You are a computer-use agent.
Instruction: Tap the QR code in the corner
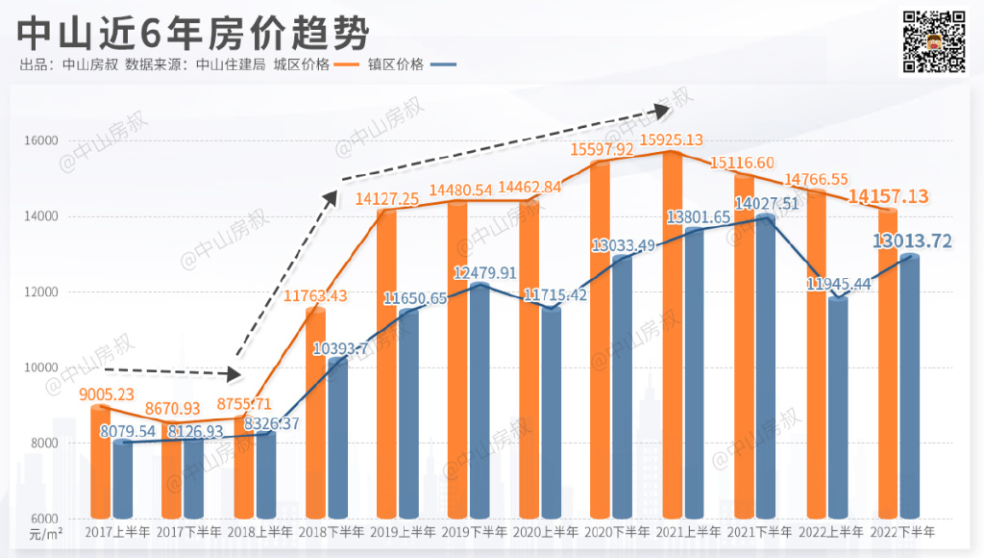click(933, 41)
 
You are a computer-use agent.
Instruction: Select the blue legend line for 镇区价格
click(443, 65)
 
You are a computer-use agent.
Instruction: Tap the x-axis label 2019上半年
click(402, 531)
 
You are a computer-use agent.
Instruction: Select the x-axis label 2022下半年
click(901, 531)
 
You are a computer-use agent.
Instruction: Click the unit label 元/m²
click(45, 532)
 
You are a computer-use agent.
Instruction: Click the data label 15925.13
click(665, 140)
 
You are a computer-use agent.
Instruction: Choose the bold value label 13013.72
click(912, 241)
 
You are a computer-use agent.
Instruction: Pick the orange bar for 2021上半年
click(672, 337)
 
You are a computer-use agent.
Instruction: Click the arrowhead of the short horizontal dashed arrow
click(234, 374)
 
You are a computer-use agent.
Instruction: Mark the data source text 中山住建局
click(231, 65)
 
